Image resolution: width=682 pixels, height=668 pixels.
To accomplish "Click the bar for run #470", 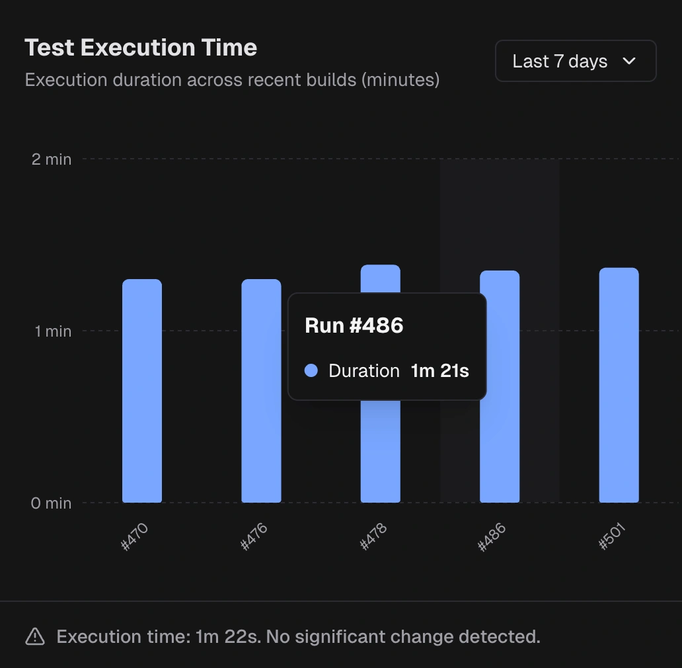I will pos(142,390).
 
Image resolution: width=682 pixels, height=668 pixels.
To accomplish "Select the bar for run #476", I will pos(261,390).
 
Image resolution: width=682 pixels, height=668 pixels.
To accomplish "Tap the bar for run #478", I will pos(380,450).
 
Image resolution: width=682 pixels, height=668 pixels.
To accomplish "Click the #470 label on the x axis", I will pos(135,536).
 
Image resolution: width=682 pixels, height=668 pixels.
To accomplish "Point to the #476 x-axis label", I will pos(254,536).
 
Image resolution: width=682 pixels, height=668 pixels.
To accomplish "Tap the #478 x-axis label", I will pos(373,536).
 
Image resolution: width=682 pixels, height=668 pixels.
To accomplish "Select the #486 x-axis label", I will pos(492,536).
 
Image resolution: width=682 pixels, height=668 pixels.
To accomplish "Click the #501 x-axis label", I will pos(612,536).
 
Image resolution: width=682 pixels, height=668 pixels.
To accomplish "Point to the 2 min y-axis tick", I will pos(52,159).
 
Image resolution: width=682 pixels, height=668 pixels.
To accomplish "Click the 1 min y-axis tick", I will pos(53,331).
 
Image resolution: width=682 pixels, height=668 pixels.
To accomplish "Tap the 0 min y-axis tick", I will pos(51,503).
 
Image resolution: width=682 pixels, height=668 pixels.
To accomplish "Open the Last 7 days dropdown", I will pos(575,62).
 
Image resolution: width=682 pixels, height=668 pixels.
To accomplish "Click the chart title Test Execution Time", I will pos(141,48).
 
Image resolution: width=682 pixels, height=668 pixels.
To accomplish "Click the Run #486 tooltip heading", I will pos(354,325).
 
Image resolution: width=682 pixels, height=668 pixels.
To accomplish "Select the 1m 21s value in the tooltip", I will pos(439,371).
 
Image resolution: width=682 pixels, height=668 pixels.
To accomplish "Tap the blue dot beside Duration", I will pos(311,371).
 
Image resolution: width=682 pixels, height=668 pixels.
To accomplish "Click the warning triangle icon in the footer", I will pos(35,637).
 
